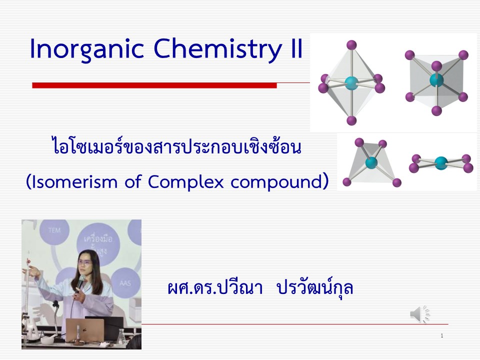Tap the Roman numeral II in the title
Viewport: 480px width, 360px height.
295,48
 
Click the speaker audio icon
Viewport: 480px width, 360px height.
419,314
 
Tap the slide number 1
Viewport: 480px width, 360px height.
441,336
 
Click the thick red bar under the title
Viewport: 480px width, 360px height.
154,85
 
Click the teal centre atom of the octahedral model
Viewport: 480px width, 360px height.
351,82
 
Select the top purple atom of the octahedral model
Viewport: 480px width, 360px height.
351,44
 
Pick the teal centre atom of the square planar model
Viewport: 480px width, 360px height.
441,163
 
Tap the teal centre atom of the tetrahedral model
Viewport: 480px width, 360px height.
371,162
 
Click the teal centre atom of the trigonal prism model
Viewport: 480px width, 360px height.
436,80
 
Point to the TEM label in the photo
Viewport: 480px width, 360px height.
54,230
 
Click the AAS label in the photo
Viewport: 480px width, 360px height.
125,283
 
